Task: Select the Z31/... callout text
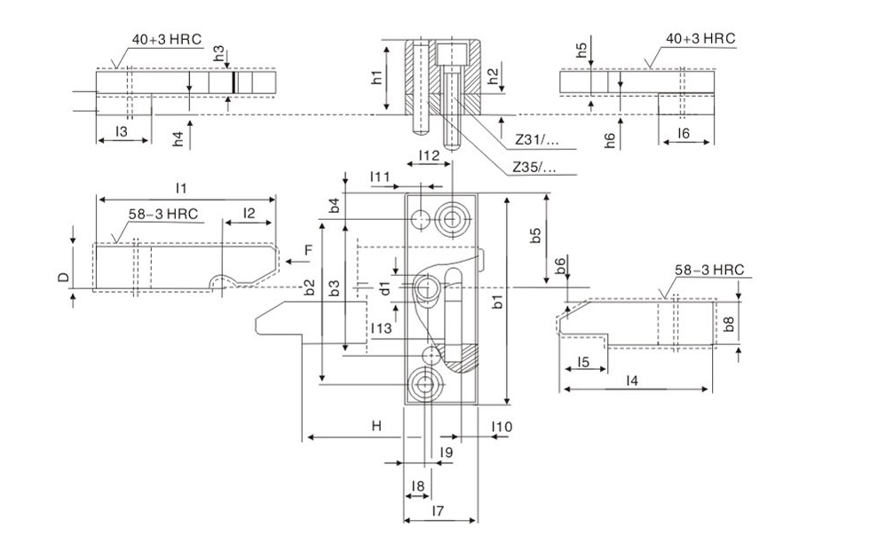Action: click(536, 140)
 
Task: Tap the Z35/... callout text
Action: click(534, 167)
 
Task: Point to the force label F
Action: click(308, 250)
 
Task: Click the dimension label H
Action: click(376, 426)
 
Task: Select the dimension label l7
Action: click(438, 511)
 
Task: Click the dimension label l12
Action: click(428, 155)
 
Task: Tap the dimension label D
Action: click(64, 277)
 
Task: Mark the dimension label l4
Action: click(632, 381)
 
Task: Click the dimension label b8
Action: click(729, 324)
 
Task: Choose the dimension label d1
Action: click(385, 288)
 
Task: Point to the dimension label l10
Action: click(501, 427)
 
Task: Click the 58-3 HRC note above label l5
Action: click(709, 270)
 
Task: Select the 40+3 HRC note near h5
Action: click(700, 39)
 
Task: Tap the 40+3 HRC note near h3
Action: click(166, 39)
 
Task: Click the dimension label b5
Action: click(536, 235)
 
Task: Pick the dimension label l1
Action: click(181, 188)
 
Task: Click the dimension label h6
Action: click(610, 140)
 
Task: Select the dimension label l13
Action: click(381, 328)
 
